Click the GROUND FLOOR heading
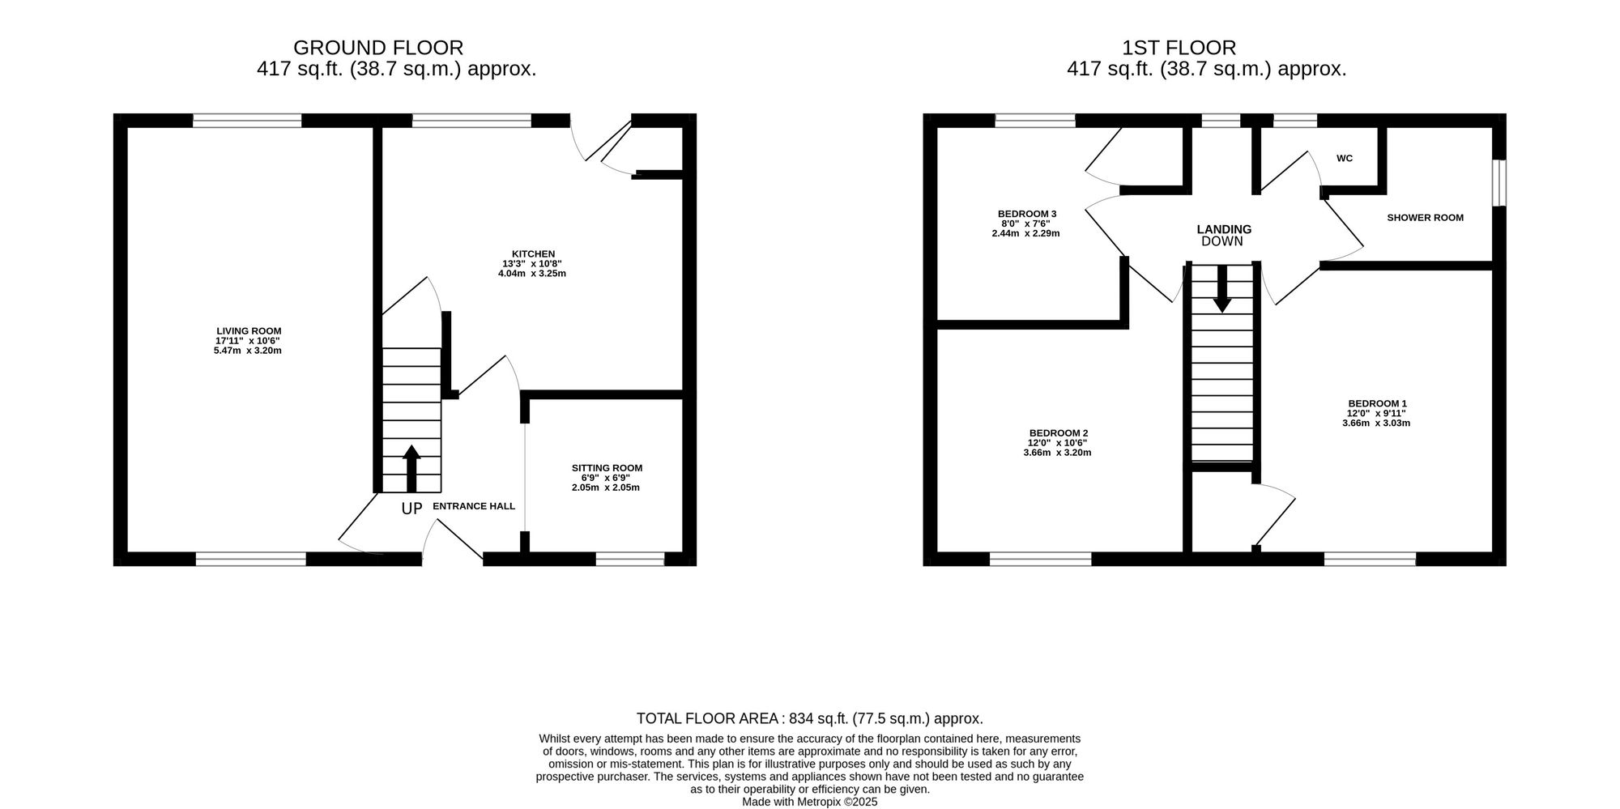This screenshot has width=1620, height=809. [x=378, y=48]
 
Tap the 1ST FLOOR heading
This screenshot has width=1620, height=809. [x=1179, y=48]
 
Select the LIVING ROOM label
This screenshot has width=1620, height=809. [x=249, y=330]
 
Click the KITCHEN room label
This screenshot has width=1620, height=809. [x=533, y=253]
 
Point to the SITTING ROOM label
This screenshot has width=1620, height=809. [x=607, y=467]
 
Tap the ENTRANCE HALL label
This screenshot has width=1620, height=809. [x=474, y=506]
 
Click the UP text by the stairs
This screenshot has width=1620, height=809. [x=412, y=509]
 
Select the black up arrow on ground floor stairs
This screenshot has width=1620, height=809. [x=411, y=468]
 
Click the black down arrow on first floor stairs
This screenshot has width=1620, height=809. [x=1222, y=288]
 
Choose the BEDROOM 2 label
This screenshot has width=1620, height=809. [x=1058, y=433]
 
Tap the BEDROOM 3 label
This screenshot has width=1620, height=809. [x=1026, y=214]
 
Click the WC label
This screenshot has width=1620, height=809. [x=1345, y=159]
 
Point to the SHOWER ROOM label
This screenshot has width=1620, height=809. [x=1426, y=217]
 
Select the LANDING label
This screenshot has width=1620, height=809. [x=1224, y=229]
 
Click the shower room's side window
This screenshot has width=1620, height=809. [x=1499, y=183]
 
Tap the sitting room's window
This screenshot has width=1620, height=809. [x=630, y=559]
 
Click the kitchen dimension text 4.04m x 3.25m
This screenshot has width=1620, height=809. [x=532, y=274]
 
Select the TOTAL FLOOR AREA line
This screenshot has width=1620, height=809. [x=810, y=718]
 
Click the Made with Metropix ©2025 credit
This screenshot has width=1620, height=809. [x=810, y=802]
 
